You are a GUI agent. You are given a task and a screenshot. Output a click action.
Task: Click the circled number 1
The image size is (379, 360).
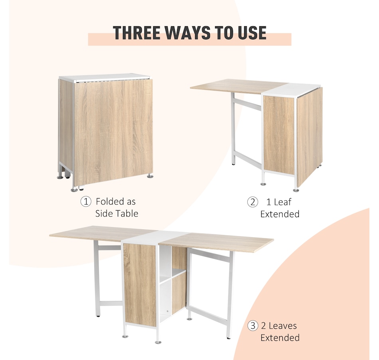[x=86, y=201]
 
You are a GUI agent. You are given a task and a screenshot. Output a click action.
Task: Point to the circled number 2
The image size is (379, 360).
[x=253, y=202]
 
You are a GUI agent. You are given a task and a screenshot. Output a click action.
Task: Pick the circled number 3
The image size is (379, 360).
[x=253, y=326]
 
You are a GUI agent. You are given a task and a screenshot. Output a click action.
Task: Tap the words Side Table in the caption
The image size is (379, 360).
[x=116, y=214]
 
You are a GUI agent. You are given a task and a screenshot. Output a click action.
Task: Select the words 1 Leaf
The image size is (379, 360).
[x=279, y=202]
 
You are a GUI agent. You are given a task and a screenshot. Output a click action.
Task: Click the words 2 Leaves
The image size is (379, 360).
[x=279, y=326]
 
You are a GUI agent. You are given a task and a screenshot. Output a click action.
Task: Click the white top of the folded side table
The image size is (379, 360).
[x=104, y=77]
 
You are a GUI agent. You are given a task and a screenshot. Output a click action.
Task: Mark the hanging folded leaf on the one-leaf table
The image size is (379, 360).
[x=310, y=136]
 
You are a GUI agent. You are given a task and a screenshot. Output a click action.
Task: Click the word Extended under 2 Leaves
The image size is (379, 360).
[x=280, y=338]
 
